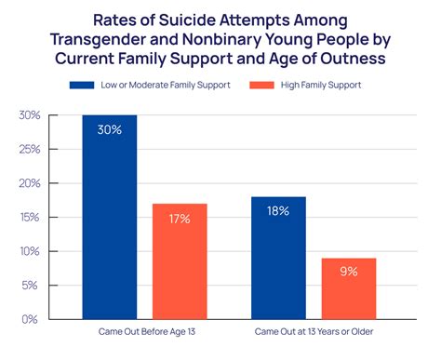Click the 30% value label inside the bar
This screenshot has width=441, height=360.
(110, 129)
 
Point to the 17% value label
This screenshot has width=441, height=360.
(180, 219)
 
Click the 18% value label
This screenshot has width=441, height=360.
(278, 211)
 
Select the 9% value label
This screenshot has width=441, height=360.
(348, 273)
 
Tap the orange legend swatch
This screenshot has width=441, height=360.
(261, 85)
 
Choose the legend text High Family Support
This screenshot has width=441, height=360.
(321, 85)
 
